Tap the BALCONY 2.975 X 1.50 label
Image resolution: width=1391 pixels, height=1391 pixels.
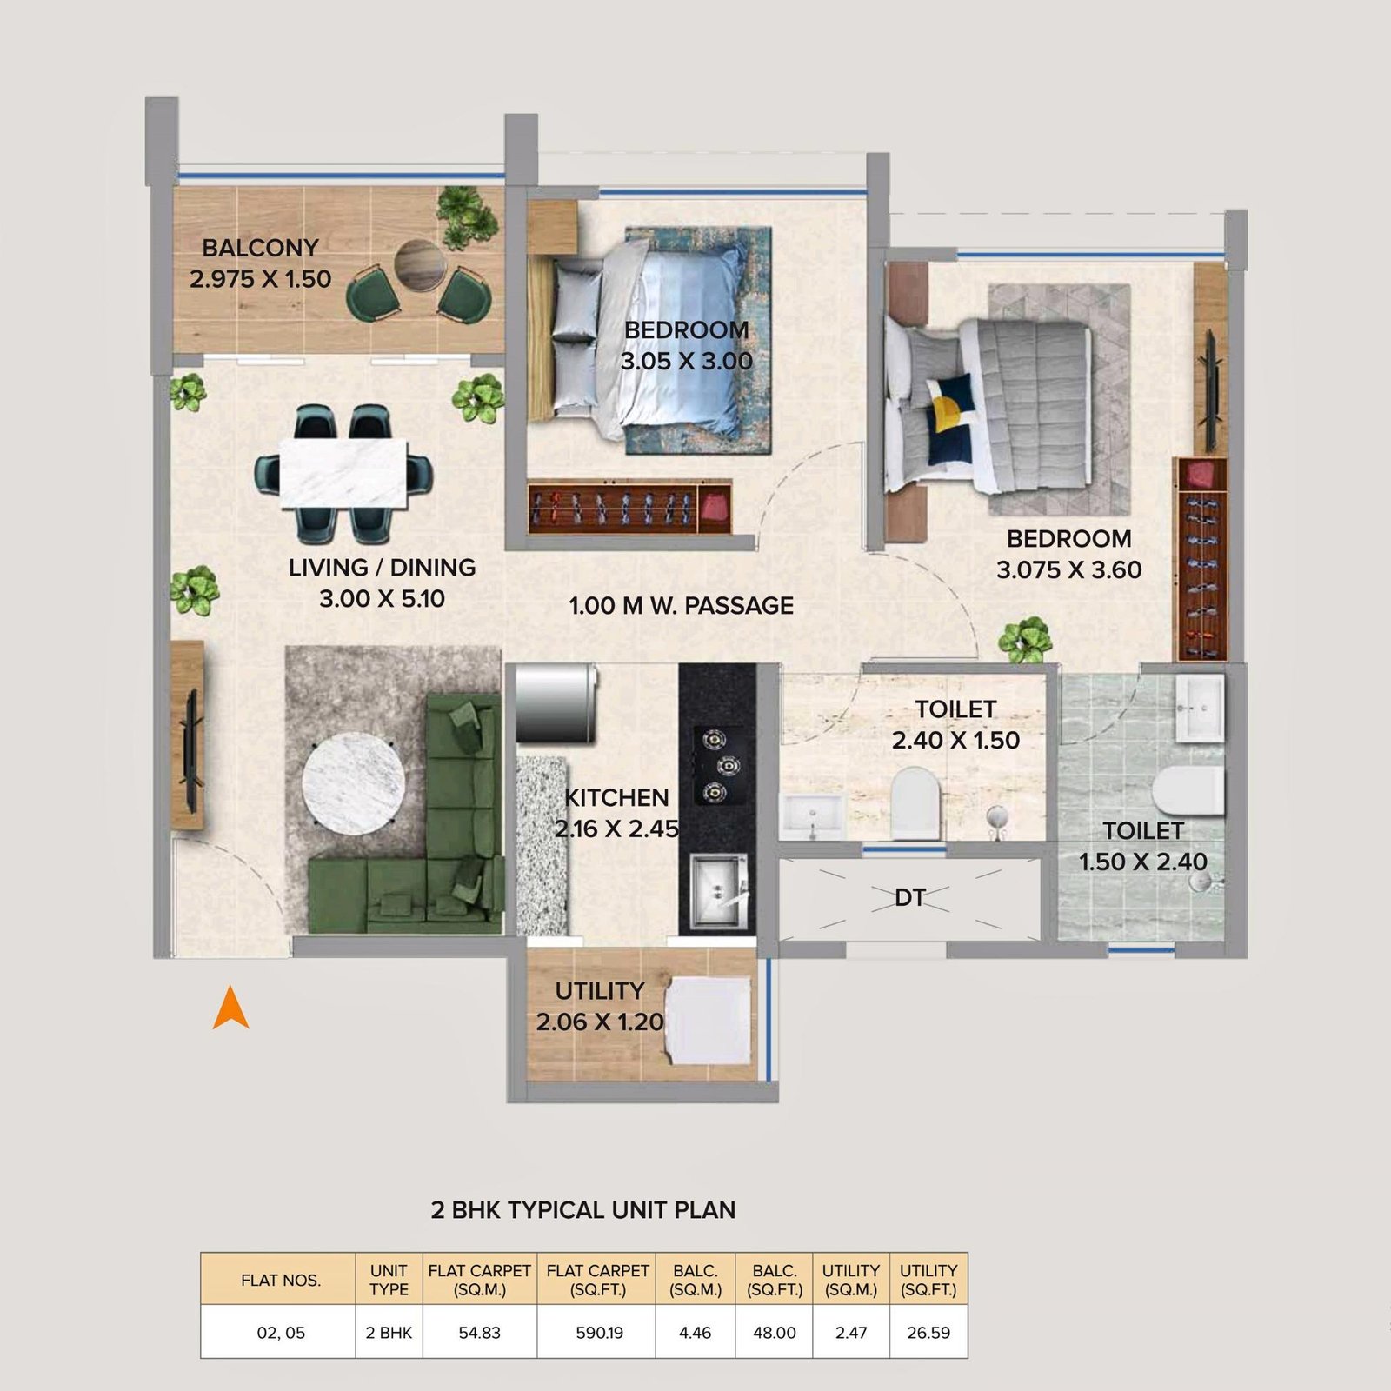coord(260,263)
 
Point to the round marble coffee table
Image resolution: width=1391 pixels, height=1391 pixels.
coord(353,788)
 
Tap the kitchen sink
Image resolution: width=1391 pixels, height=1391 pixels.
coord(718,890)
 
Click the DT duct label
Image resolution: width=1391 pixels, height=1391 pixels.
coord(909,897)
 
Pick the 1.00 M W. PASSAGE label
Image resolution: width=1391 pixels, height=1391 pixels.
coord(681,606)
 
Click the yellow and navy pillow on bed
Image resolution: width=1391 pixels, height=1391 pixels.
coord(946,417)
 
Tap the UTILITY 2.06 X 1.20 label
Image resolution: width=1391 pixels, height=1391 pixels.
coord(600,1007)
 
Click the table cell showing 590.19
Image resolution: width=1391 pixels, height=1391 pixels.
coord(599,1333)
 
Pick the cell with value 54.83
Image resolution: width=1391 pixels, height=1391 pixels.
coord(479,1333)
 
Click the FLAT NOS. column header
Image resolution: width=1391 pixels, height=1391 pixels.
coord(280,1280)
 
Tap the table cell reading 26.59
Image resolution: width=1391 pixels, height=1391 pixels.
coord(928,1333)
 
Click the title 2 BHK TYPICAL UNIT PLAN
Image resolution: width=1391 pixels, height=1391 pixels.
coord(582,1210)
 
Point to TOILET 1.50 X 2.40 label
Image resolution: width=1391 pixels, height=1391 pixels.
coord(1142,847)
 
